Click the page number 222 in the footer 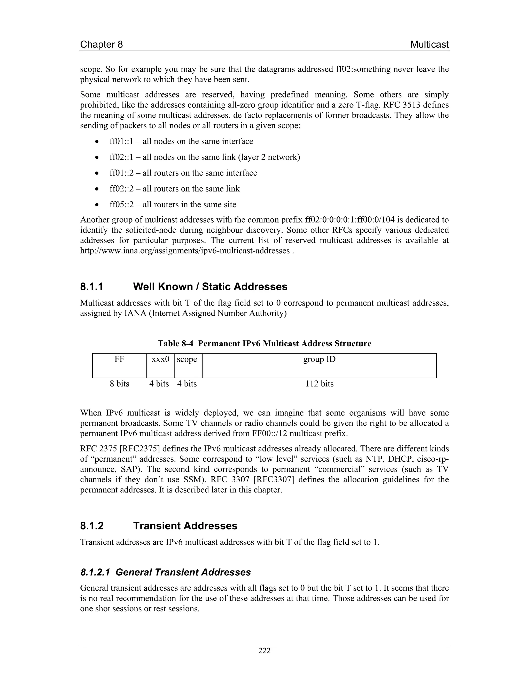click(x=264, y=651)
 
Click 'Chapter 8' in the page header click(x=101, y=44)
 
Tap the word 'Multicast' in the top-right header click(x=429, y=44)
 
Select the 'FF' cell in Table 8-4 click(x=119, y=366)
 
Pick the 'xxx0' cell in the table click(x=160, y=366)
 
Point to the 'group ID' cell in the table click(x=319, y=366)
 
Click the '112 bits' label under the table click(x=319, y=384)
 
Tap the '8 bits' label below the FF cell click(x=119, y=384)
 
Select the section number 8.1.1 click(x=91, y=287)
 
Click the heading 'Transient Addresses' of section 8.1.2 click(x=185, y=526)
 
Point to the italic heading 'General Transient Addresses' click(x=183, y=572)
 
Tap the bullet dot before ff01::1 click(x=98, y=142)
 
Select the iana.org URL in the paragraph click(x=185, y=251)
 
